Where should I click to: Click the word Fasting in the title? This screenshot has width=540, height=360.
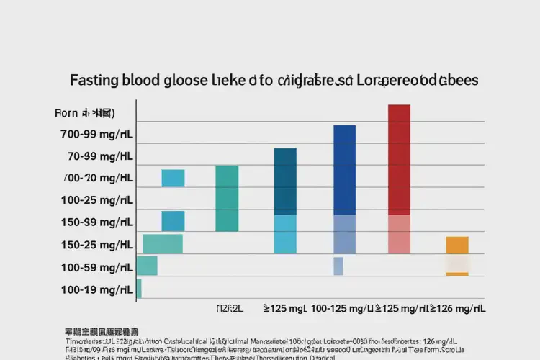coord(96,80)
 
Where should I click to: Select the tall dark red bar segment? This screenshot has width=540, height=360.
coord(399,159)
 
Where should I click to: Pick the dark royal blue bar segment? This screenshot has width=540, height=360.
coord(344,170)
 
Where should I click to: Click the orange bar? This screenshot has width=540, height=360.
coord(457,245)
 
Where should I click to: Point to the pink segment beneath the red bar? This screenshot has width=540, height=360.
coord(399,234)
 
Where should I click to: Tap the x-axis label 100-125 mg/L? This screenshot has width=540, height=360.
coord(342,308)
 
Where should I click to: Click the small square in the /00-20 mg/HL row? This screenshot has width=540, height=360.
coord(173,178)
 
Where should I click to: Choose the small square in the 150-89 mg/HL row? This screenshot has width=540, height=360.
coord(173,221)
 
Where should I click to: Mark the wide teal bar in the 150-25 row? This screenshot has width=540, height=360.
coord(163,244)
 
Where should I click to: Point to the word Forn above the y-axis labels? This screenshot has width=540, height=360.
coord(66,114)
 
